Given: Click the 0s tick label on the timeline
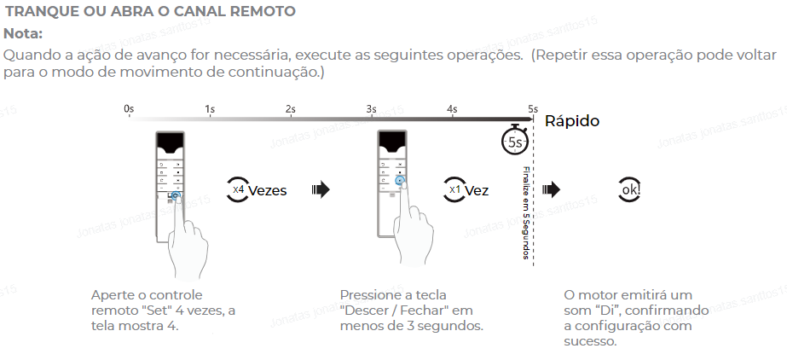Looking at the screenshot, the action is click(x=129, y=109).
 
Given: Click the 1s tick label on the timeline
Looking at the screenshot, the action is click(x=210, y=109).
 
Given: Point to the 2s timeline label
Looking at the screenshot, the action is click(x=291, y=109).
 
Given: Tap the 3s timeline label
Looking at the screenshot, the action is click(x=371, y=109).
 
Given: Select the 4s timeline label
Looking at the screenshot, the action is click(x=452, y=109).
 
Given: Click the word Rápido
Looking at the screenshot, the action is click(x=572, y=121).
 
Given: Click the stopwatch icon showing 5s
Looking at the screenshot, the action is click(x=514, y=141).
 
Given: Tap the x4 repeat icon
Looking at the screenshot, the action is click(x=238, y=189).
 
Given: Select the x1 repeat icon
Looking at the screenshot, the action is click(x=454, y=189).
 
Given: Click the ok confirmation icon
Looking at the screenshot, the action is click(x=630, y=189).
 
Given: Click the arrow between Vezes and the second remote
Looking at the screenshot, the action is click(x=321, y=189).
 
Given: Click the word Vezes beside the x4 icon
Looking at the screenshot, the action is click(x=268, y=190).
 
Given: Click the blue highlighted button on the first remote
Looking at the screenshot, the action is click(x=176, y=196).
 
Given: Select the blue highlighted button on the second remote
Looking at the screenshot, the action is click(x=399, y=181).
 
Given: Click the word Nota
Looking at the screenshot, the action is click(x=23, y=34).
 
